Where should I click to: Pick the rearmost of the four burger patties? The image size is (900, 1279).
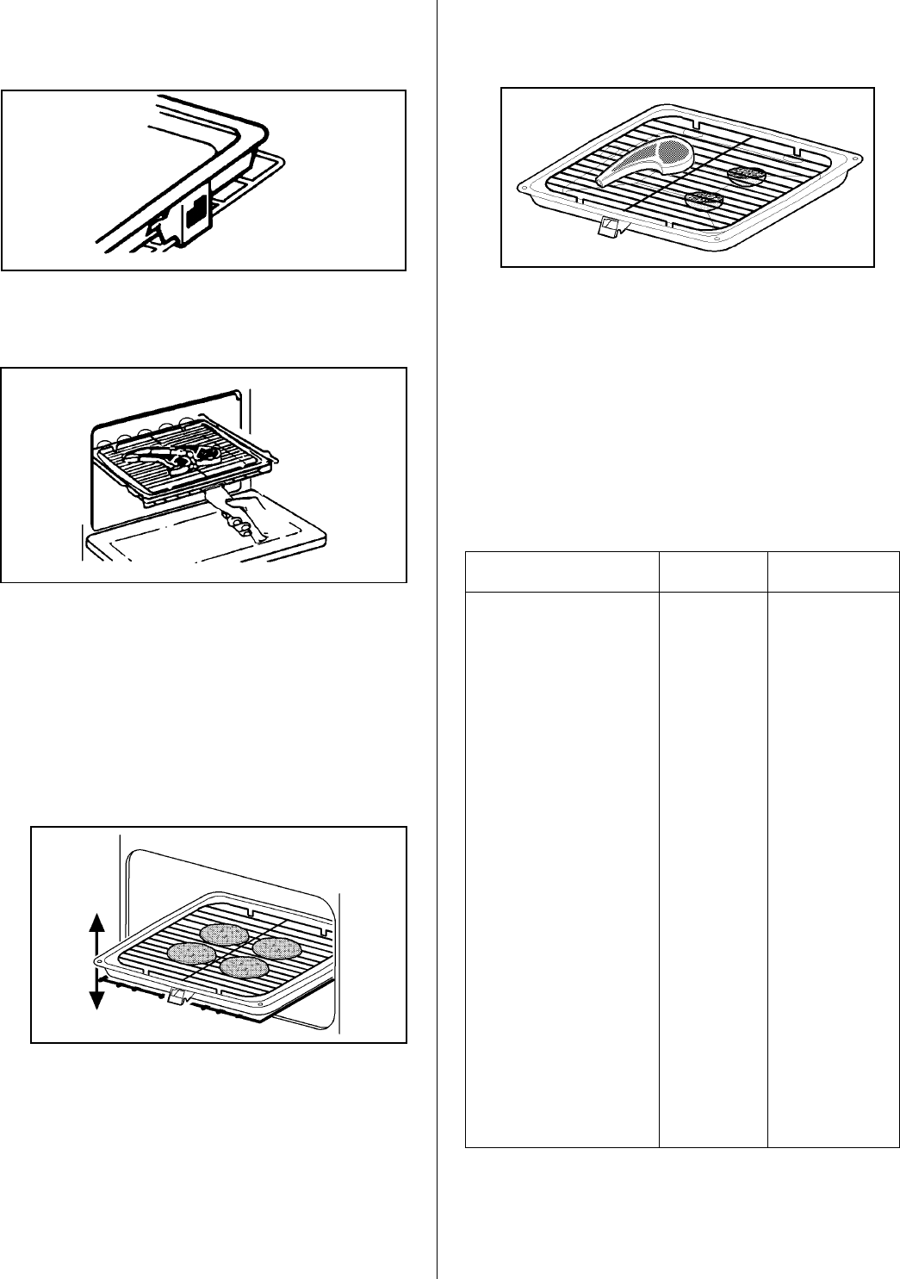(224, 934)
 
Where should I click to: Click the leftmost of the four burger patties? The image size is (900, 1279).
(191, 953)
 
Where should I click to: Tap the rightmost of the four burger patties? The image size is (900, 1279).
(276, 947)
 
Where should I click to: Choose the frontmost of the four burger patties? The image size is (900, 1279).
(243, 967)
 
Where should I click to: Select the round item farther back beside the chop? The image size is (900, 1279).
(746, 175)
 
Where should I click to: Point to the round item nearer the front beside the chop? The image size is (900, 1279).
(704, 200)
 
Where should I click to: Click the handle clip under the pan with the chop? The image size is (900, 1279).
(610, 227)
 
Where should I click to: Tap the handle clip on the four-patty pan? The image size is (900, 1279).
(177, 997)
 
